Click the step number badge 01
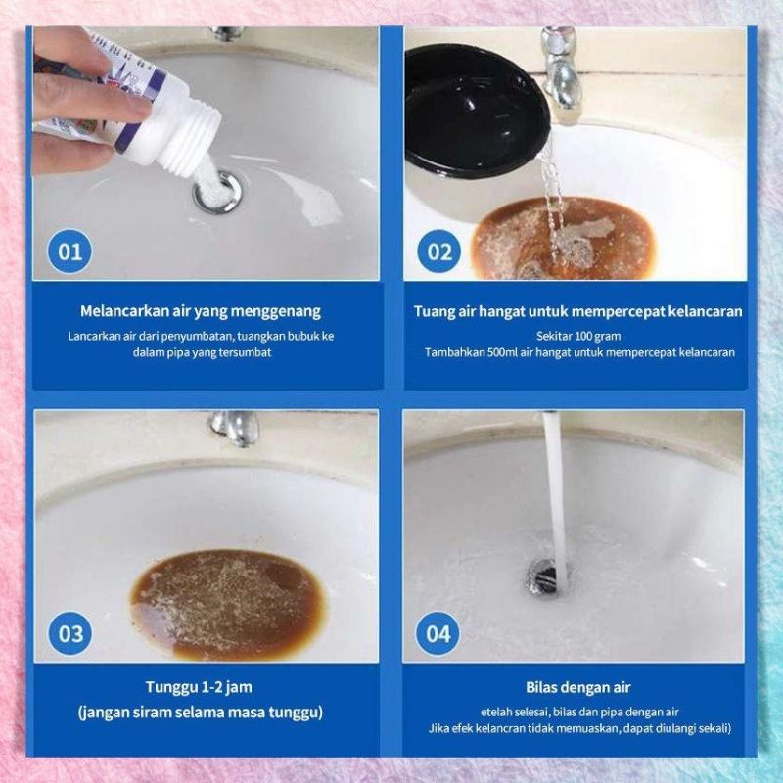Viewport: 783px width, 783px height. (x=69, y=252)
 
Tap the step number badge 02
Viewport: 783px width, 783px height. (x=439, y=252)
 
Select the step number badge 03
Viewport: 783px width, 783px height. (x=70, y=633)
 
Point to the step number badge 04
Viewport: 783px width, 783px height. (x=438, y=633)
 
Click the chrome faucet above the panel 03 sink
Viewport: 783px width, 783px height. (x=234, y=428)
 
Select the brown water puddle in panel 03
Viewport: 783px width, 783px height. (x=227, y=604)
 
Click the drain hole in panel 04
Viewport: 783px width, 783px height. (x=546, y=576)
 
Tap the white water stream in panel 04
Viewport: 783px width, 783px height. (x=556, y=499)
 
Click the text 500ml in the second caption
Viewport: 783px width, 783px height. (x=502, y=352)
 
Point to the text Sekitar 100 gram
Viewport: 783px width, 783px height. (x=578, y=336)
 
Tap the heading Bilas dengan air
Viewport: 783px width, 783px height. (x=577, y=688)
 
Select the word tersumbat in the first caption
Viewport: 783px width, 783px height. (x=249, y=352)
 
